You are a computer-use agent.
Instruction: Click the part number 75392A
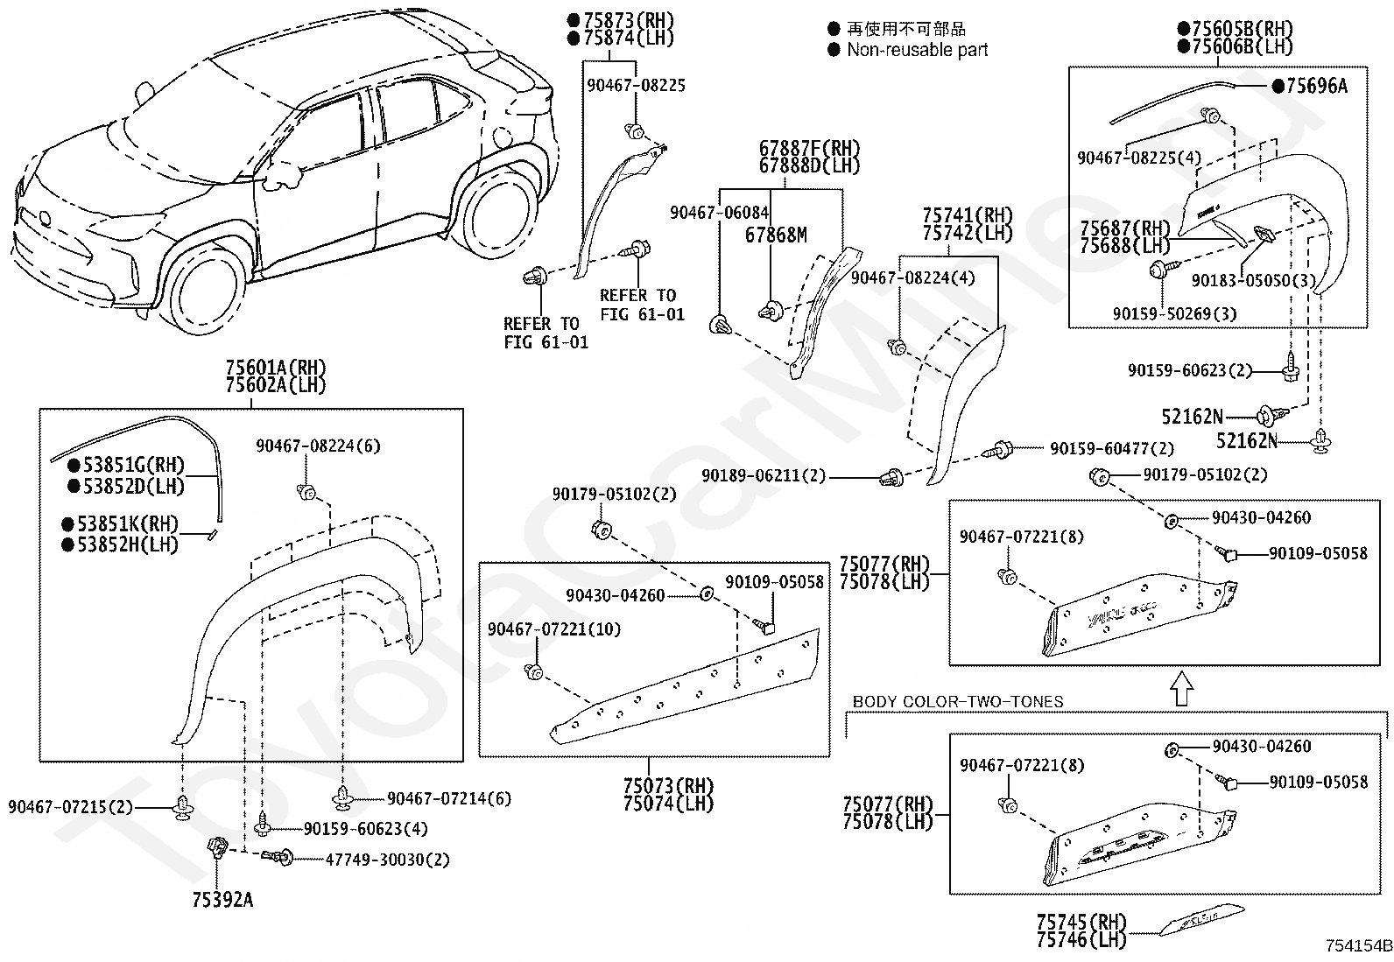222,900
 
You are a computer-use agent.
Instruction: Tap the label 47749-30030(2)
387,860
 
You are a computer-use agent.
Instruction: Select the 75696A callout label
1316,87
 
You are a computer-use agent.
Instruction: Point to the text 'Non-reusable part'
918,50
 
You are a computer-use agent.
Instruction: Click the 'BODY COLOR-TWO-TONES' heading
958,701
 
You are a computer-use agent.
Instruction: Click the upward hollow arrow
1181,689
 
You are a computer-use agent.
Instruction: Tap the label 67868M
776,235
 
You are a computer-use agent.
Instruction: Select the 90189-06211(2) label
764,475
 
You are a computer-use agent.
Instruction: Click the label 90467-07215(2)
70,807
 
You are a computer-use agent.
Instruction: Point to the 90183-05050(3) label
1253,281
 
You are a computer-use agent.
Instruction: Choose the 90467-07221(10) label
554,629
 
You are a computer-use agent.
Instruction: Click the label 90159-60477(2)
1112,449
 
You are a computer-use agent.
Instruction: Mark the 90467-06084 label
720,213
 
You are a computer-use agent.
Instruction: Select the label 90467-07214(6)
449,798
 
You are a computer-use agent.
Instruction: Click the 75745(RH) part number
1081,922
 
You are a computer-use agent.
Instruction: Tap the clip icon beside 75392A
216,847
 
